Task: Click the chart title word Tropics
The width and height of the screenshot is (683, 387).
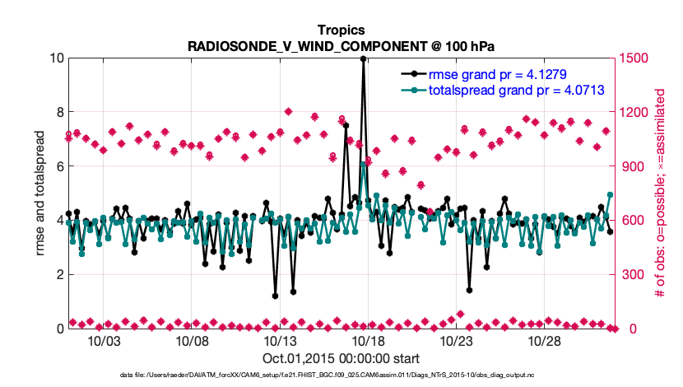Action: click(341, 30)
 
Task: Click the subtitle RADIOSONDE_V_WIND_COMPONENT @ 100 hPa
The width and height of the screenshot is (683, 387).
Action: click(341, 45)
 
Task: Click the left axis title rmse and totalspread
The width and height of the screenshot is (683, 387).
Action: click(40, 193)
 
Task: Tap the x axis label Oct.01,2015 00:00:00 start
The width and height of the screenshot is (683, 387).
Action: click(341, 358)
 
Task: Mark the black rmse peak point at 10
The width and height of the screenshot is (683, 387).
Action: click(363, 58)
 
